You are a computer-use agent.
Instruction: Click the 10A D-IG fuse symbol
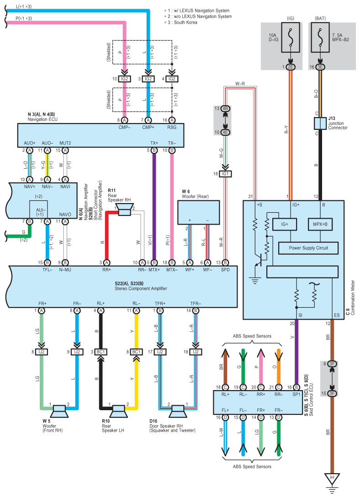(290, 37)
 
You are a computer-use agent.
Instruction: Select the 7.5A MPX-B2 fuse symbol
(320, 37)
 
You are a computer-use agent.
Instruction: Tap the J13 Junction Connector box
(320, 123)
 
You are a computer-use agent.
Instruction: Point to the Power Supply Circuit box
(308, 248)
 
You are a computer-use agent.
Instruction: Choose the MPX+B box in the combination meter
(320, 224)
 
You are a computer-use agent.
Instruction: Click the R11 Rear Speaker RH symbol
(124, 209)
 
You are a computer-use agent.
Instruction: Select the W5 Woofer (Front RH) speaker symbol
(59, 411)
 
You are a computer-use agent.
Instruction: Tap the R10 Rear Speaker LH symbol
(118, 411)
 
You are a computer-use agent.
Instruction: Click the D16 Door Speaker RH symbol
(178, 411)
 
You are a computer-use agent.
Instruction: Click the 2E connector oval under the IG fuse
(290, 67)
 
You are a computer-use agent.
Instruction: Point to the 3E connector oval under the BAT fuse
(320, 67)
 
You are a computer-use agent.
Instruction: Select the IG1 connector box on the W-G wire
(225, 174)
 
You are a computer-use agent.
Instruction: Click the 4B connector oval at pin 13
(225, 109)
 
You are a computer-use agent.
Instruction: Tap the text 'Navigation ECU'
(42, 119)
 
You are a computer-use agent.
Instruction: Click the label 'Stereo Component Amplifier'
(141, 289)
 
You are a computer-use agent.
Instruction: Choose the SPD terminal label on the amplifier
(225, 270)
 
